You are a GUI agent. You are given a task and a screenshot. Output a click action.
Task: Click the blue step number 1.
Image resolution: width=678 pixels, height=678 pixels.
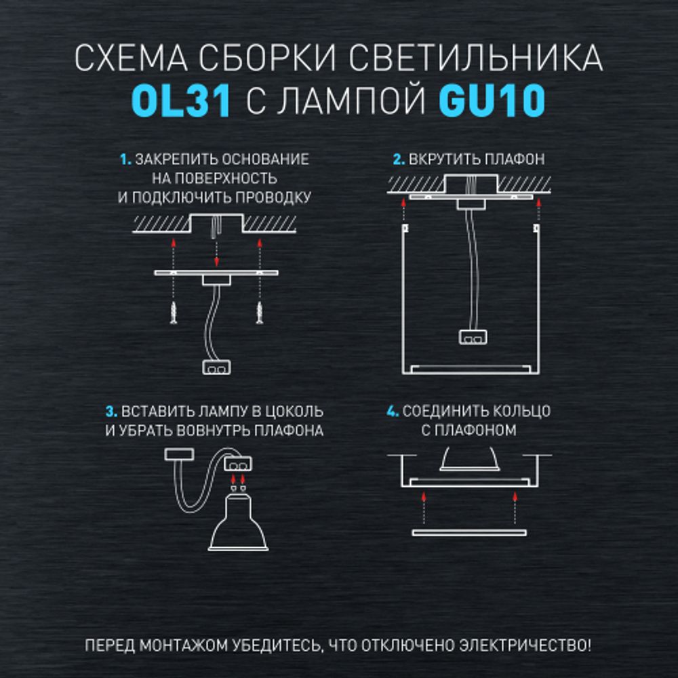click(x=125, y=161)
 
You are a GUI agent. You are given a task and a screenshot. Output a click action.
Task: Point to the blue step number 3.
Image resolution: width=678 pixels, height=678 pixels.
click(x=111, y=412)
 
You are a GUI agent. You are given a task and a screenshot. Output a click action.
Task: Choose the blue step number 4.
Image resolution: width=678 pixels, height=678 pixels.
click(x=391, y=412)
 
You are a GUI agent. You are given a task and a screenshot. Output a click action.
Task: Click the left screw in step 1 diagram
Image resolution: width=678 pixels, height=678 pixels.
click(x=174, y=313)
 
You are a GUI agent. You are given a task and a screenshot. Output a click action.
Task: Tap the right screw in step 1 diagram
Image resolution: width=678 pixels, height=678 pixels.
click(x=259, y=313)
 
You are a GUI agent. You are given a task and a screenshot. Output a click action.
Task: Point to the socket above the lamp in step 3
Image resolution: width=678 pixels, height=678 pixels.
click(x=237, y=464)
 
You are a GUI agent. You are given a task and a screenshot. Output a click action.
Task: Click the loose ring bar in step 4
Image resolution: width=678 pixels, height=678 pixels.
click(x=469, y=533)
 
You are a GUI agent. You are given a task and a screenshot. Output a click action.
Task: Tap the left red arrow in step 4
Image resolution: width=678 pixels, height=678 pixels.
click(x=424, y=506)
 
